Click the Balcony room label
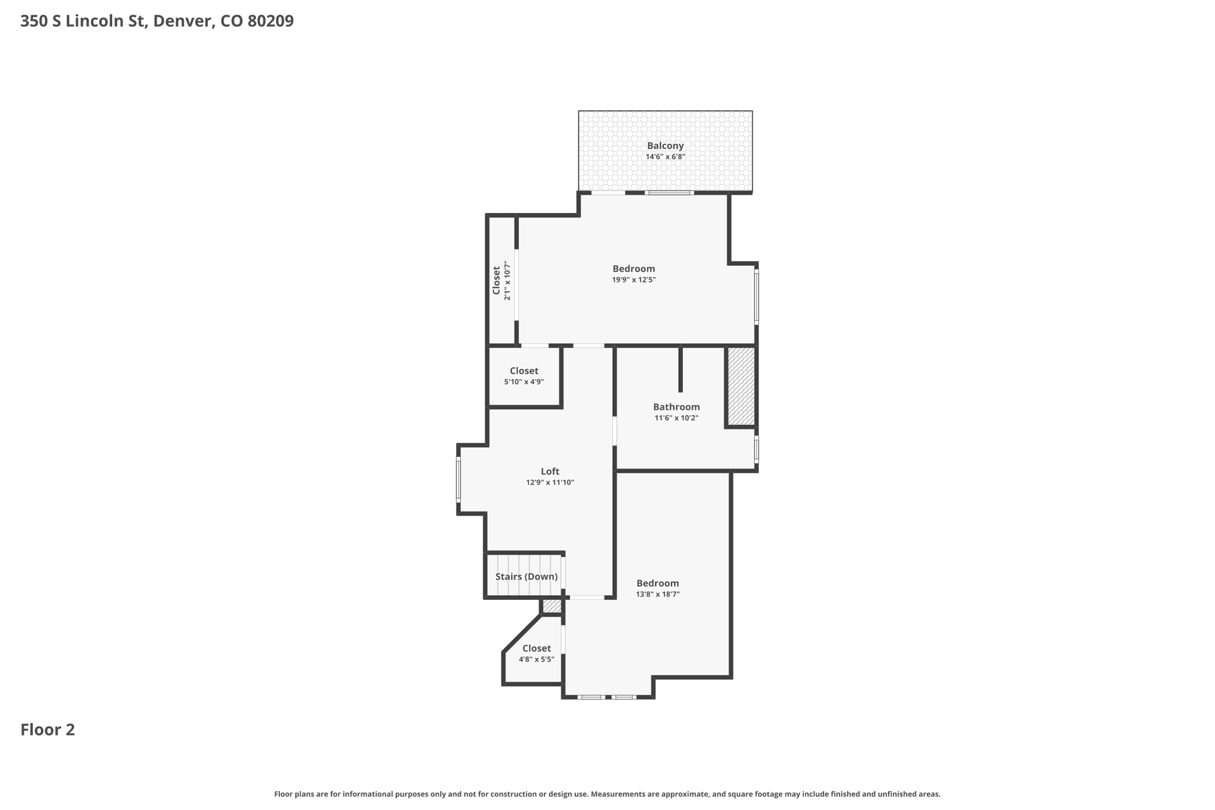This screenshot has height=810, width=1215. (x=665, y=146)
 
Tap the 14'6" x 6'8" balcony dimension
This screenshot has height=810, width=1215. (x=665, y=157)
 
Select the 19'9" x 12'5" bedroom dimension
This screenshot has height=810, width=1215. (x=634, y=279)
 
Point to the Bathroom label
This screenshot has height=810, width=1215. (x=676, y=406)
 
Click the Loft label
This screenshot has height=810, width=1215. (x=550, y=472)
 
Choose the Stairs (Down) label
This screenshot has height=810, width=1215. (x=526, y=577)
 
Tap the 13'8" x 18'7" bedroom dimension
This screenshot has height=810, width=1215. (x=657, y=594)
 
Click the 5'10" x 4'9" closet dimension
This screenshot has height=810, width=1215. (x=524, y=382)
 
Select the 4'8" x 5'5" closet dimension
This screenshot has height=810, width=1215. (x=536, y=659)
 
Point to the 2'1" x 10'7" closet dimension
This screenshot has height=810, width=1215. (x=507, y=281)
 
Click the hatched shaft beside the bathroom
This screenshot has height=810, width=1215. (x=741, y=386)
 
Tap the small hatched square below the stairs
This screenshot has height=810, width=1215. (x=552, y=606)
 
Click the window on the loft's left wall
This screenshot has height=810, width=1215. (x=458, y=479)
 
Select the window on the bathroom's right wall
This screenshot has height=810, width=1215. (x=756, y=449)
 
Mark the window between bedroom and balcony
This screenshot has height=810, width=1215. (x=669, y=192)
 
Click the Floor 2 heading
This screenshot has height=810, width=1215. (x=47, y=730)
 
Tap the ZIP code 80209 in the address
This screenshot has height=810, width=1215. (x=271, y=21)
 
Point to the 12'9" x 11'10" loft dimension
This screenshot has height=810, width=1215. (x=550, y=482)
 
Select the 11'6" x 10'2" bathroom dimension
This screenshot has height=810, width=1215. (x=676, y=418)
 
